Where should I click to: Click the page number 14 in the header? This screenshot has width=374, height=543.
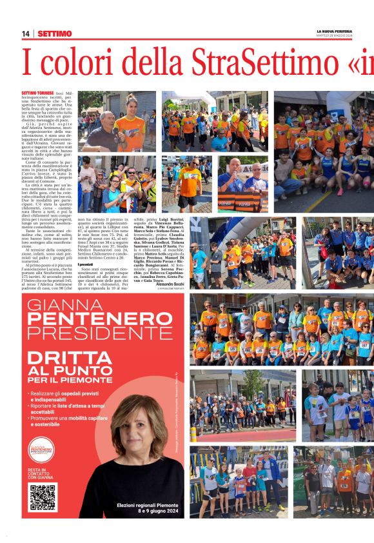26,34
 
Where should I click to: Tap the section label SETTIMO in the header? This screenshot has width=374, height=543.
54,34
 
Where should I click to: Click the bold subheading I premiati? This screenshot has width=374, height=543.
85,264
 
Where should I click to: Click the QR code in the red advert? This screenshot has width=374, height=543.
43,496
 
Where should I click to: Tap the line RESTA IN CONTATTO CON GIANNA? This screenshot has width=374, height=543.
37,473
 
